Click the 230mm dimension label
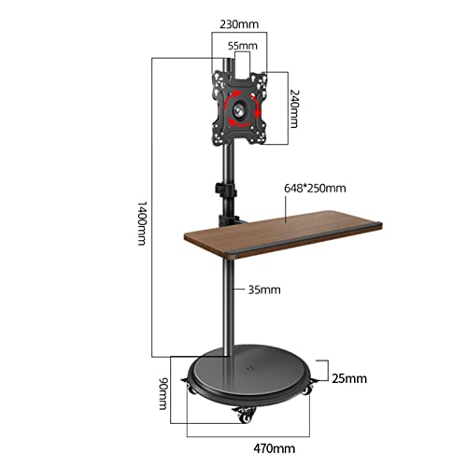239,24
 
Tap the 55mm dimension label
243,46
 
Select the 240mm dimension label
294,108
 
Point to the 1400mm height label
142,223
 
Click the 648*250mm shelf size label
315,189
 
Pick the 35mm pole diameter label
264,290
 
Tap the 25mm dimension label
349,378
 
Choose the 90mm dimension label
163,393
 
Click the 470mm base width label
275,448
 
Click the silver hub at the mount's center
239,110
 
